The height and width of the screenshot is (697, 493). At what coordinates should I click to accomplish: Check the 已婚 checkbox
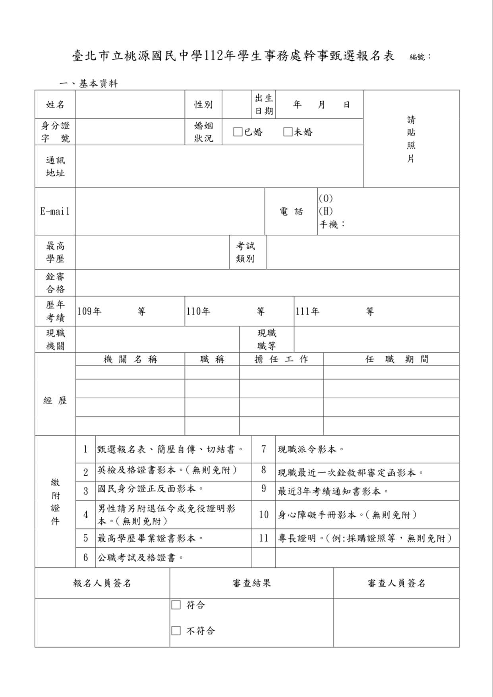(238, 132)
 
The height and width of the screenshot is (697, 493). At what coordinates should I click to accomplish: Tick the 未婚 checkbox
(288, 132)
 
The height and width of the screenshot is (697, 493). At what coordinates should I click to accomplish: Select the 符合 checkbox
(176, 605)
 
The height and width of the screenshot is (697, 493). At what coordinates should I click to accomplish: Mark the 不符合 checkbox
(176, 631)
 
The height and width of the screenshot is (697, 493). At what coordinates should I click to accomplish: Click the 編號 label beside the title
(420, 57)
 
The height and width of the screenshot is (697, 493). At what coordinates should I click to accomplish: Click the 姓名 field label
(55, 104)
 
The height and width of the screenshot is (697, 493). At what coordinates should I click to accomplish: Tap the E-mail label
(55, 211)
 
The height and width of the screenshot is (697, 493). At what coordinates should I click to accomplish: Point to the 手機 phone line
(332, 224)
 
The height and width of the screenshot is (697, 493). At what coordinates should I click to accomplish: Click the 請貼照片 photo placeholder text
(411, 139)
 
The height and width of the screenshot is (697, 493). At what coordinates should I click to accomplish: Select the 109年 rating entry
(89, 311)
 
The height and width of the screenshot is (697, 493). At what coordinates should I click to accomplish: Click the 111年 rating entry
(307, 311)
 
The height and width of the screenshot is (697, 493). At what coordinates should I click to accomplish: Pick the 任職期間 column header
(396, 359)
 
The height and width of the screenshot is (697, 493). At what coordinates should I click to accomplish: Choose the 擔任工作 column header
(281, 359)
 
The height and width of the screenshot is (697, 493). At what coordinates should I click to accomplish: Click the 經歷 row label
(55, 401)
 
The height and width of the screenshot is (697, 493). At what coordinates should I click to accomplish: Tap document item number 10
(264, 515)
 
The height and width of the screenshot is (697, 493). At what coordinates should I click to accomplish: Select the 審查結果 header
(251, 583)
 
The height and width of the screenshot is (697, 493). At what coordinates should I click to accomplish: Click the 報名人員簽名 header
(102, 583)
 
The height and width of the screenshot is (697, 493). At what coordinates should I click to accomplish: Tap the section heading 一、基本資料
(89, 84)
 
